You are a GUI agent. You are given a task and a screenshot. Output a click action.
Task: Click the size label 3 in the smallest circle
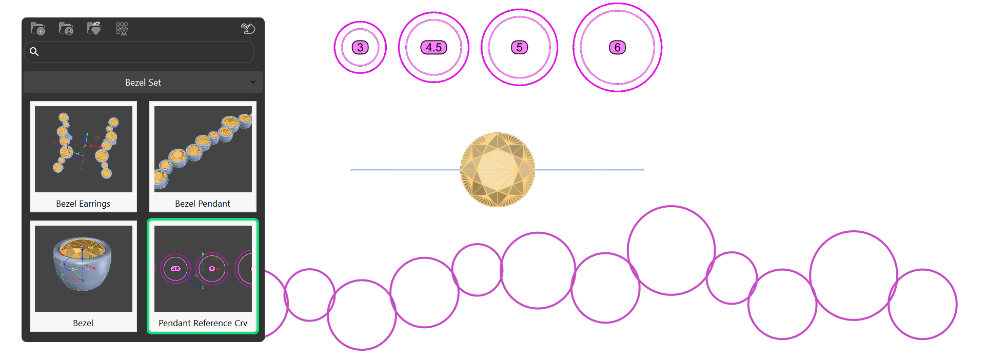360,48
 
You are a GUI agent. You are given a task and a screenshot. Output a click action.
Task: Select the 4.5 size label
434,48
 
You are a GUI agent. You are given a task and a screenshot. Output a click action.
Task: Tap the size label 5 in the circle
519,48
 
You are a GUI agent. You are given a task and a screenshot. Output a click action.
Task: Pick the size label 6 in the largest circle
617,48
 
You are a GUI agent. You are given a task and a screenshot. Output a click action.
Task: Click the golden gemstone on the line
497,170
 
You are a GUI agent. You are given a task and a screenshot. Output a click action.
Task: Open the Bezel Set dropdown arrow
253,82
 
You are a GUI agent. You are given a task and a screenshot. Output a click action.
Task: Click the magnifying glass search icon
34,51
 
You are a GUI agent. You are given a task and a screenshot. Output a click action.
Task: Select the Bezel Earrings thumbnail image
83,149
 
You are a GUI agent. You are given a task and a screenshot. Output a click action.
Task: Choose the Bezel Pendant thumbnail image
203,149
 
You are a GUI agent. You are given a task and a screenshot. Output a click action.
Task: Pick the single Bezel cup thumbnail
83,268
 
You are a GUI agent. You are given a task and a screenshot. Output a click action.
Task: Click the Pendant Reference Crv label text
203,323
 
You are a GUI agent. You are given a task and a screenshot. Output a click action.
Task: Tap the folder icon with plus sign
38,29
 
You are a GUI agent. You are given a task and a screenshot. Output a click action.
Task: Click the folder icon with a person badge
66,29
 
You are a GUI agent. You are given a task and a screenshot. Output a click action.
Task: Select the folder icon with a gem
94,29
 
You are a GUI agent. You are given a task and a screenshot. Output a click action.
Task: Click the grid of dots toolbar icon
122,29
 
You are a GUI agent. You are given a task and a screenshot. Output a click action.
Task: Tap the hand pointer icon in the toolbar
248,29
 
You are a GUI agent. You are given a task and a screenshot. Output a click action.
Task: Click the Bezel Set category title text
143,83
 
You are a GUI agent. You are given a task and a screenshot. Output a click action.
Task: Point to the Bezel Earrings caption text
83,204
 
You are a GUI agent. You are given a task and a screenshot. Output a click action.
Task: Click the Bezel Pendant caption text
203,204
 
